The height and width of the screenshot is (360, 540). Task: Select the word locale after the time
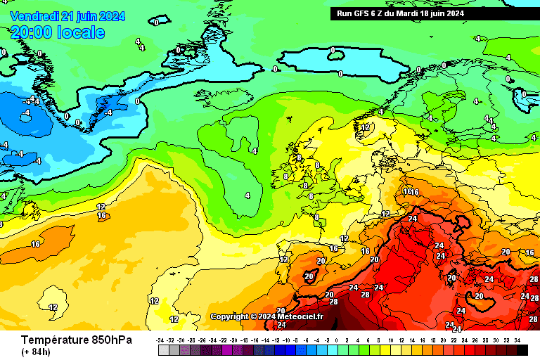pos(82,32)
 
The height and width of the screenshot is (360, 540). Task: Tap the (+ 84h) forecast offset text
pos(36,352)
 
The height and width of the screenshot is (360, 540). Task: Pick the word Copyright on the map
pos(230,316)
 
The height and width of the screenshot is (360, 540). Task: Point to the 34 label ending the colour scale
pos(517,340)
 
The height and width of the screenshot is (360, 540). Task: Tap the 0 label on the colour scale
pos(337,340)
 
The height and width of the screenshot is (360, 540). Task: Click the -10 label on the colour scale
pos(286,340)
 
